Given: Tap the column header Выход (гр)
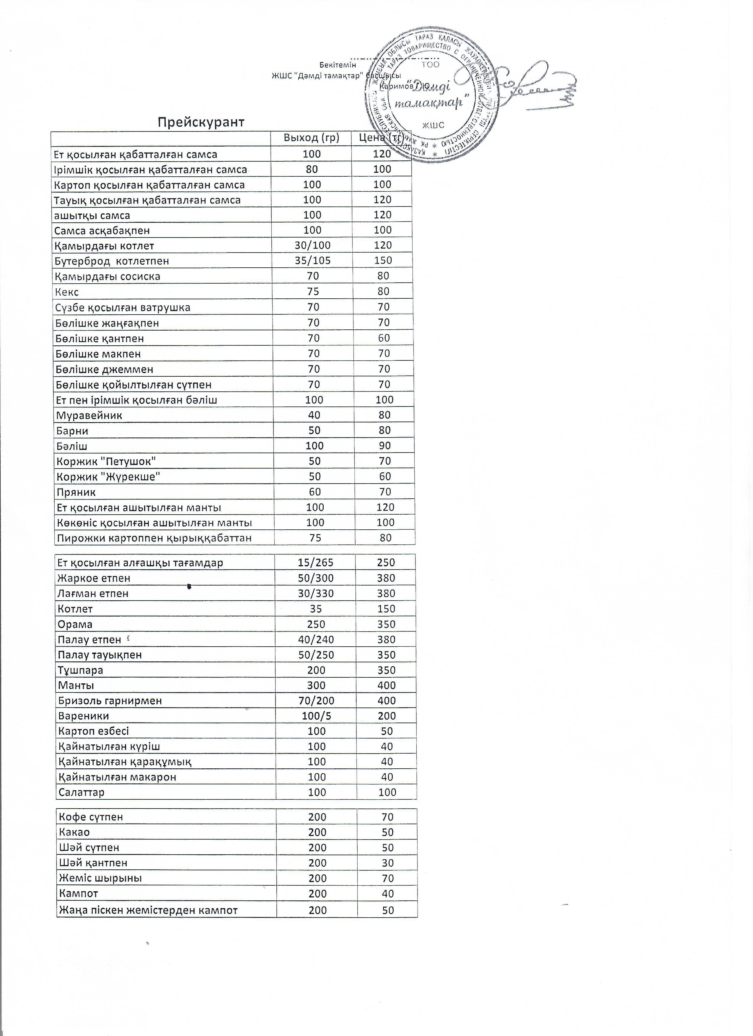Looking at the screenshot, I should pyautogui.click(x=312, y=138).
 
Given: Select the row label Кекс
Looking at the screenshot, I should pyautogui.click(x=67, y=292).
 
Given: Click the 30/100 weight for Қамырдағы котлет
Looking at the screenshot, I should pyautogui.click(x=312, y=245).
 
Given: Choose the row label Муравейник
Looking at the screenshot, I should pyautogui.click(x=89, y=416).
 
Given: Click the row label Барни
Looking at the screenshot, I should pyautogui.click(x=72, y=431).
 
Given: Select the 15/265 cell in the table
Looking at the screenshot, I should pyautogui.click(x=316, y=563).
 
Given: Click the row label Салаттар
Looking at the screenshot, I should pyautogui.click(x=81, y=793).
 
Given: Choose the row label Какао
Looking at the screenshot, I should pyautogui.click(x=74, y=832).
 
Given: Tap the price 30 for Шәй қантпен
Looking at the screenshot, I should pyautogui.click(x=388, y=863).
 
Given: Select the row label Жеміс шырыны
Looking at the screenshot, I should pyautogui.click(x=100, y=879).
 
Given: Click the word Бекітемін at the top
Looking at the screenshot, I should pyautogui.click(x=338, y=65).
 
